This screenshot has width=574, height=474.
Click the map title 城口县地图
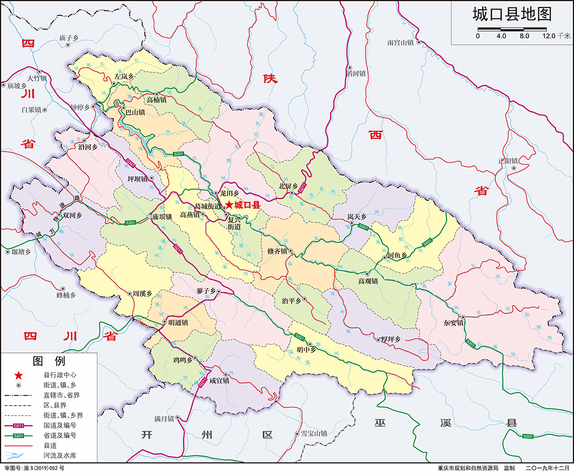tap(511, 14)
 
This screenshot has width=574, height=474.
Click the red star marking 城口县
tap(229, 205)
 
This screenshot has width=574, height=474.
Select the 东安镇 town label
tap(453, 323)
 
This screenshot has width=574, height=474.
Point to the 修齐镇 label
tap(278, 251)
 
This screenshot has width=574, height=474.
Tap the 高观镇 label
tap(367, 281)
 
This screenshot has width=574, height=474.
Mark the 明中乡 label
tap(306, 349)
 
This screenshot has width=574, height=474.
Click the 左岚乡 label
tap(123, 76)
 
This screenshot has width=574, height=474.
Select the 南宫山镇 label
tap(400, 42)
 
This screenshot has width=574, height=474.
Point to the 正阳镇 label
tap(508, 161)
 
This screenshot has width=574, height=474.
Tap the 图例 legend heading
tap(49, 361)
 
